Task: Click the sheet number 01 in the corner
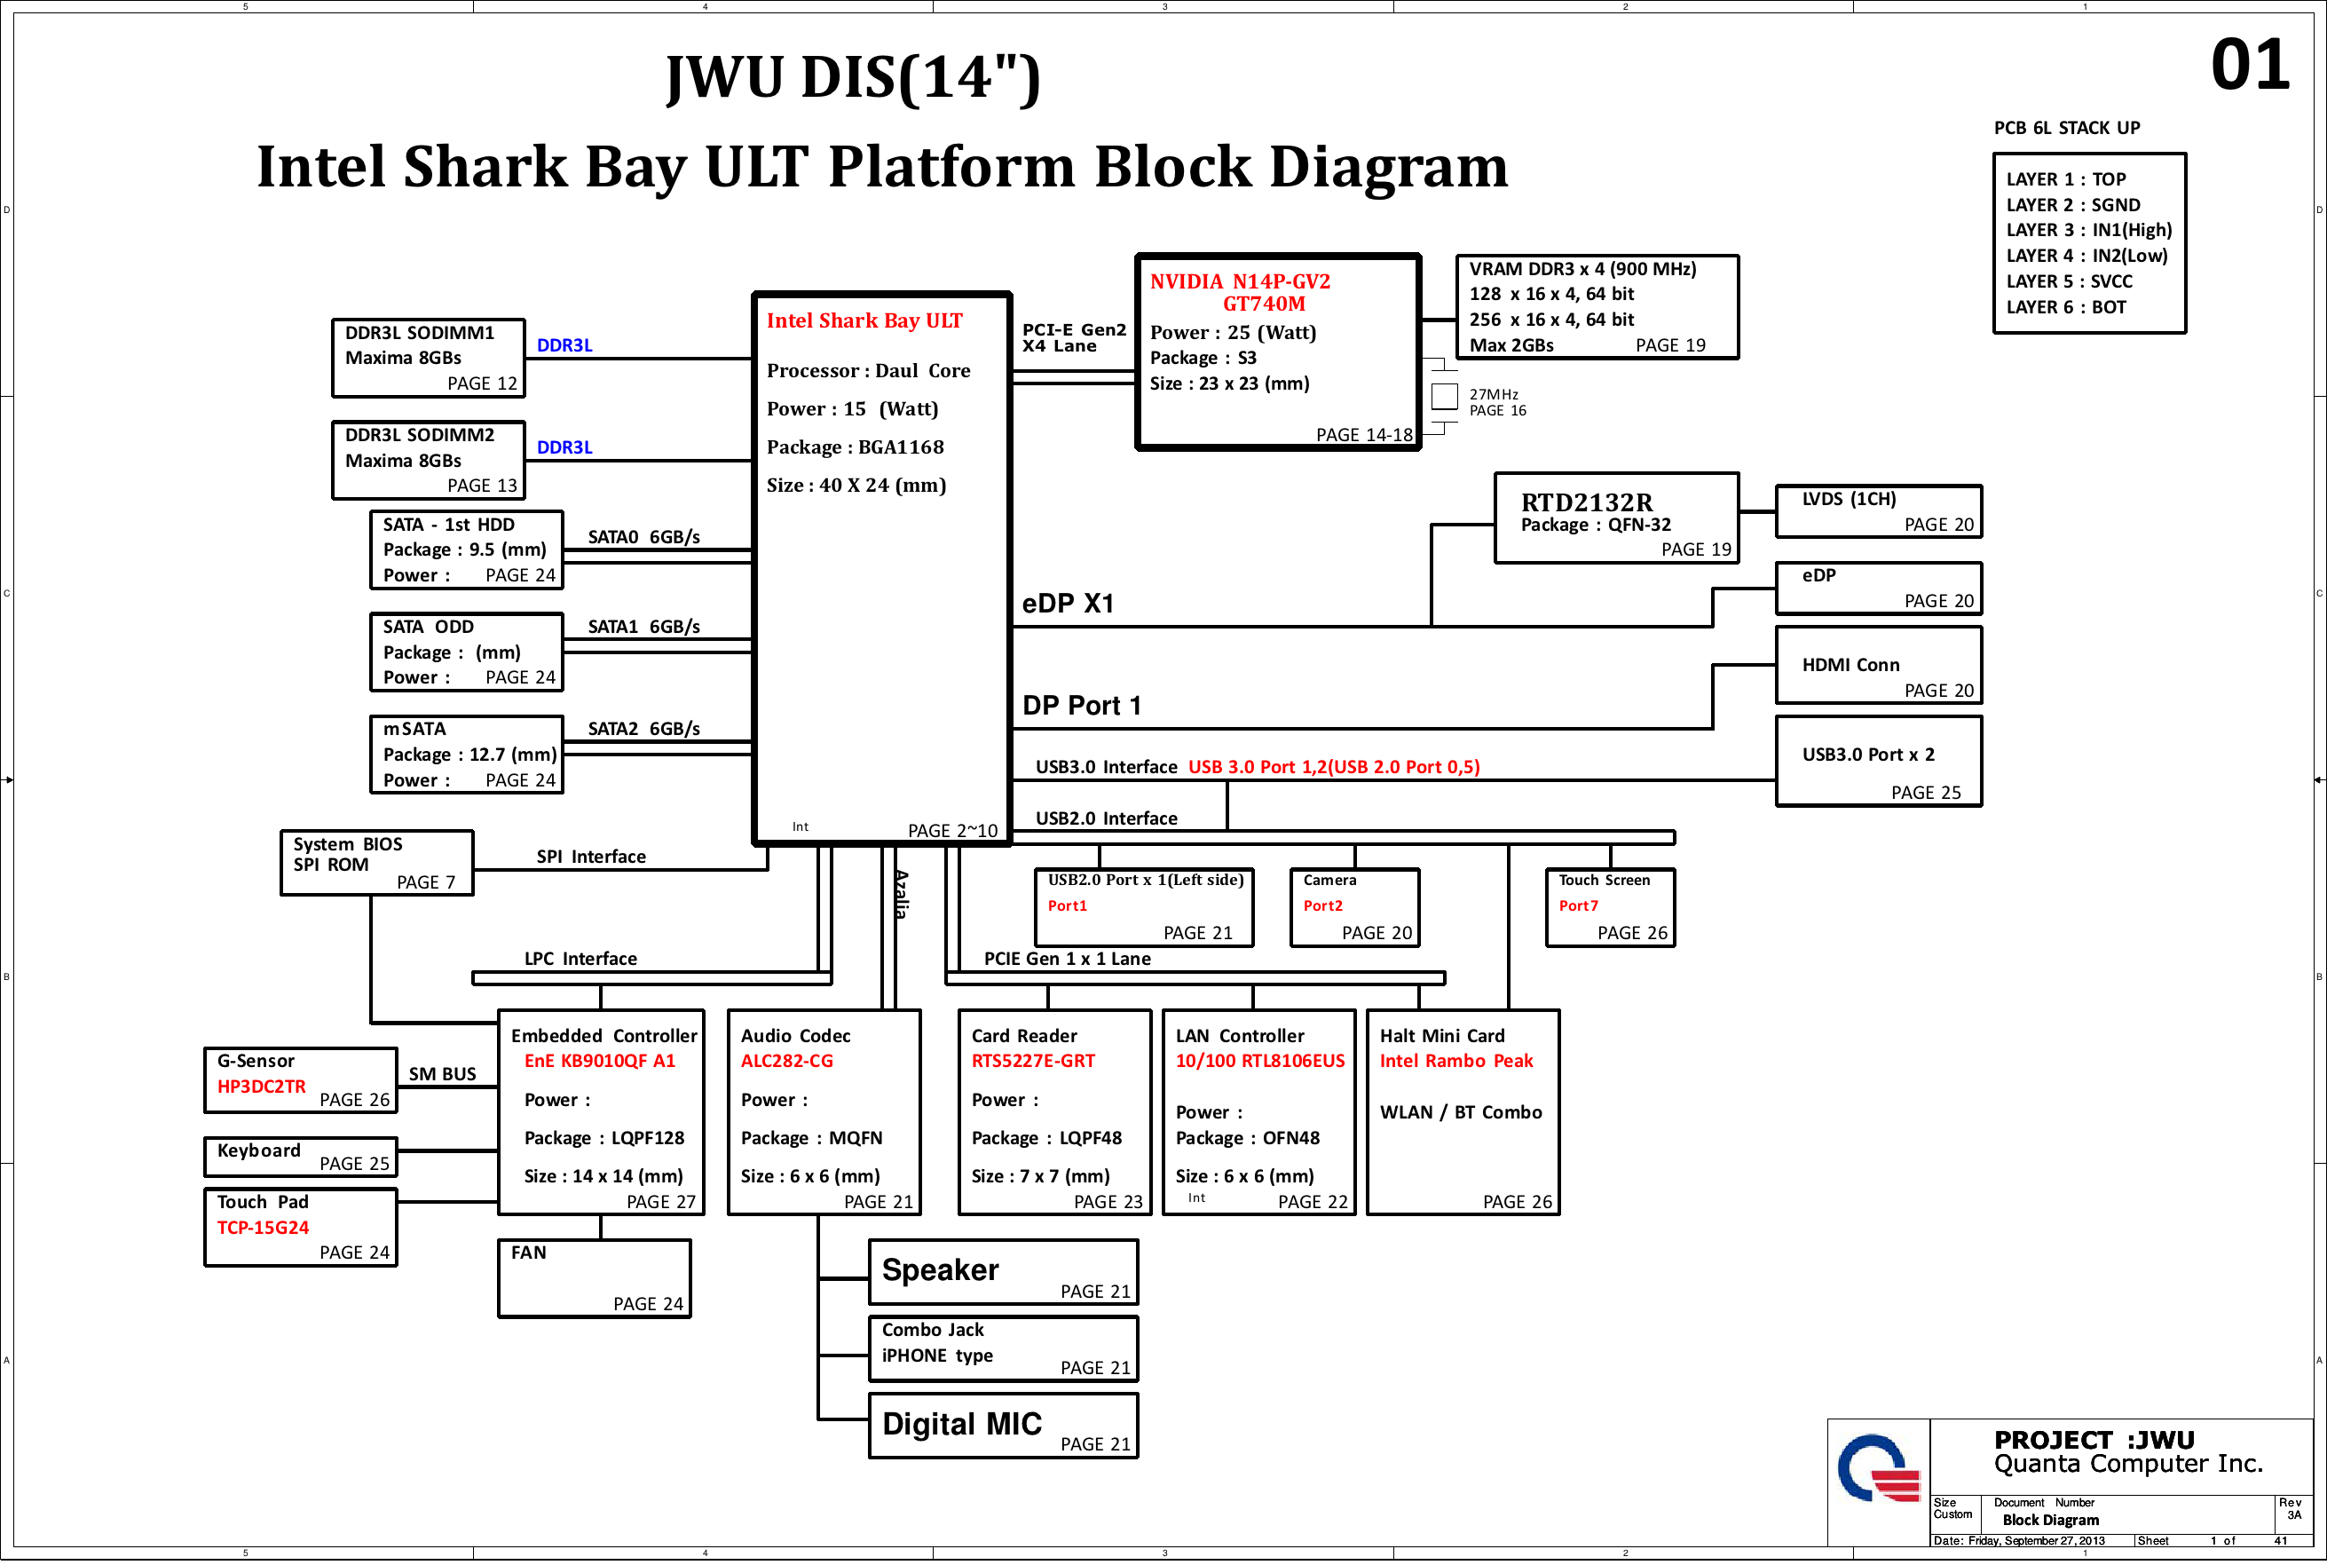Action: (x=2249, y=65)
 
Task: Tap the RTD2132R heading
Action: (x=1586, y=502)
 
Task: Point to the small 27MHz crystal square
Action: (x=1444, y=396)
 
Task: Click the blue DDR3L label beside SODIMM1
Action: (x=564, y=345)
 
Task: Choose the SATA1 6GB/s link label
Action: (x=643, y=627)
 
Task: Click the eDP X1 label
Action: (x=1068, y=604)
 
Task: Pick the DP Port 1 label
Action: (x=1082, y=706)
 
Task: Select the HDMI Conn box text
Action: (x=1850, y=665)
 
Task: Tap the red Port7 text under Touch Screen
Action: (x=1578, y=906)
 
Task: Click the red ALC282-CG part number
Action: (x=786, y=1061)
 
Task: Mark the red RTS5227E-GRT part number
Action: (x=1033, y=1061)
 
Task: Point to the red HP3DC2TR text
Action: (x=262, y=1087)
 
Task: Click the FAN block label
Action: (x=528, y=1253)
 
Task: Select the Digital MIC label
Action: (x=961, y=1424)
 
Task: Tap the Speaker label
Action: (x=940, y=1270)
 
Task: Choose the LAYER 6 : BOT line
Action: (x=2065, y=307)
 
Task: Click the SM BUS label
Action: (x=442, y=1074)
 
